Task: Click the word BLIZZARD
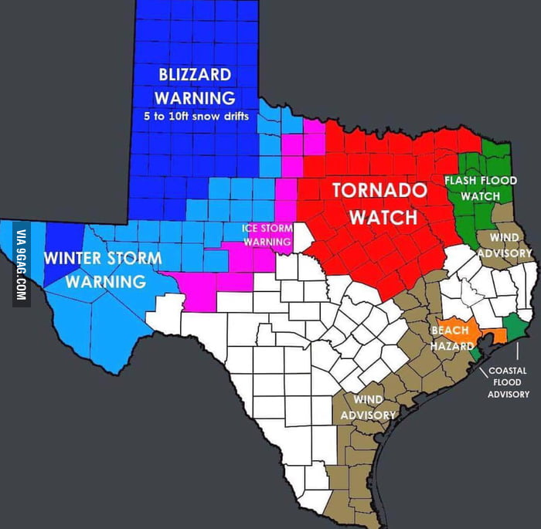click(194, 75)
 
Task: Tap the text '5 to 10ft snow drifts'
click(196, 117)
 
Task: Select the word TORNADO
click(379, 191)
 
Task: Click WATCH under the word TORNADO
click(383, 217)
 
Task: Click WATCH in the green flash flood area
click(480, 196)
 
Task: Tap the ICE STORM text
click(267, 228)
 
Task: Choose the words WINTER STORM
click(102, 257)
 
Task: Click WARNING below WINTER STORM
click(105, 281)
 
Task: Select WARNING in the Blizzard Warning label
click(194, 98)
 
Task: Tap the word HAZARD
click(451, 346)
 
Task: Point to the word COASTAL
click(508, 371)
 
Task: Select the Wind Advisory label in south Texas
click(368, 407)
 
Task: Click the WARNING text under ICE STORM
click(267, 242)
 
